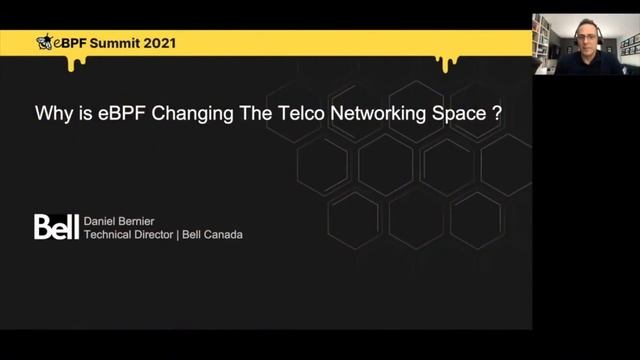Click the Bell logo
click(56, 226)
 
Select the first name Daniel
click(103, 220)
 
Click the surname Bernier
click(146, 220)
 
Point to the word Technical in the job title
click(111, 235)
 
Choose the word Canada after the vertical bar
click(224, 235)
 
